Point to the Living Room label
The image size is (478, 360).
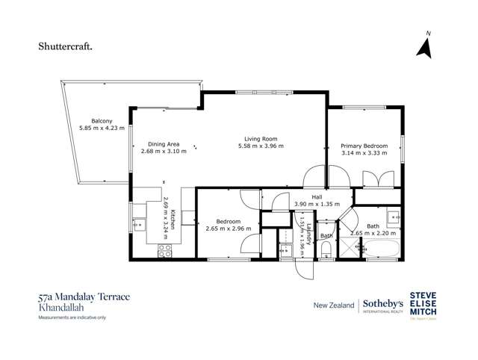coord(261,138)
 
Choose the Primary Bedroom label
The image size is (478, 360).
coord(364,146)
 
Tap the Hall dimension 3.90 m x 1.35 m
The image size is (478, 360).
coord(317,204)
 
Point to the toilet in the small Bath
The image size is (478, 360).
coord(326,250)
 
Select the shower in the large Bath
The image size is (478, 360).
coord(347,247)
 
